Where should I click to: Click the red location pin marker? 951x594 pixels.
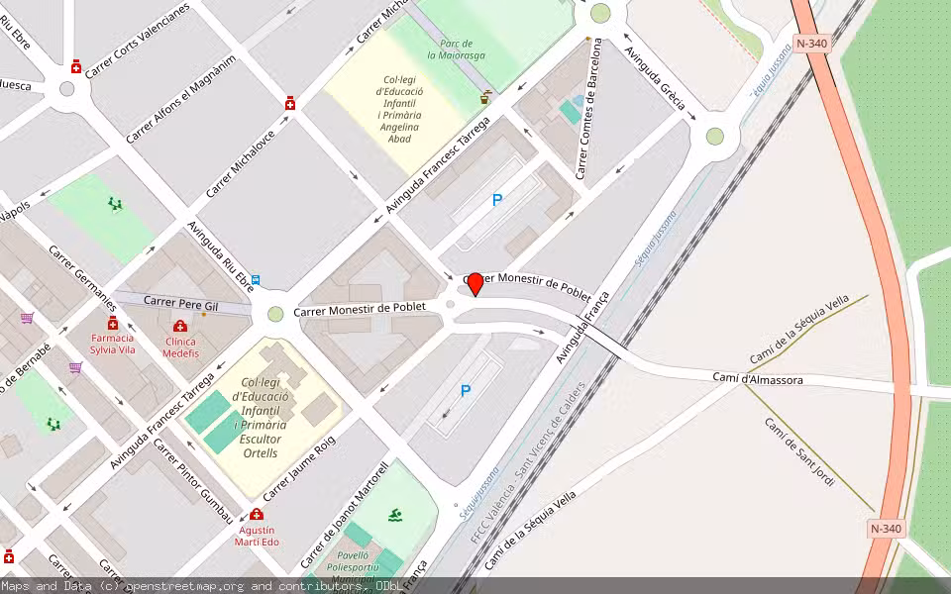[x=475, y=283]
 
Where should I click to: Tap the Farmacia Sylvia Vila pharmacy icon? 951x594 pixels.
[x=112, y=325]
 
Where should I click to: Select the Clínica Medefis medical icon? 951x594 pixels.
[x=180, y=327]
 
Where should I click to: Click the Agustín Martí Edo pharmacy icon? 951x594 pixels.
[x=258, y=515]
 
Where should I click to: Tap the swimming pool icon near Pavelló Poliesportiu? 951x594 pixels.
[x=396, y=515]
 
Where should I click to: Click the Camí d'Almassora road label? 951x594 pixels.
[x=758, y=379]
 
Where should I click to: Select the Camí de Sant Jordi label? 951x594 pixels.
[x=799, y=451]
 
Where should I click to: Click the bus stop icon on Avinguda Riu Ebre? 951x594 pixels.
[x=257, y=280]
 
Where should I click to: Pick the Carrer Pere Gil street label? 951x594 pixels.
[x=180, y=301]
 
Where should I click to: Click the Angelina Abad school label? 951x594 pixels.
[x=399, y=110]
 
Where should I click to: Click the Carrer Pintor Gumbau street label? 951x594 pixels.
[x=193, y=480]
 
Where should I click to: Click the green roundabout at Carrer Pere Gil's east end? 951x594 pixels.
[x=275, y=314]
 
